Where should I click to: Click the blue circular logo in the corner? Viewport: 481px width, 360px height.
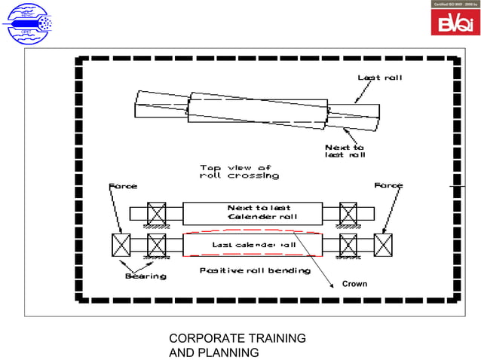pyautogui.click(x=27, y=24)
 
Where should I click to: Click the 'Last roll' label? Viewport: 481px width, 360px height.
pyautogui.click(x=375, y=78)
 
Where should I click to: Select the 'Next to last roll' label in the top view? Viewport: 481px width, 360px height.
pyautogui.click(x=345, y=151)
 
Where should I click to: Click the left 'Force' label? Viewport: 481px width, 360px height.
pyautogui.click(x=124, y=185)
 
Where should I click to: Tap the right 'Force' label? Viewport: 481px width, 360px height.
pyautogui.click(x=388, y=185)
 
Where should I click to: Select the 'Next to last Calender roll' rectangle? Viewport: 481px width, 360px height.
pyautogui.click(x=252, y=212)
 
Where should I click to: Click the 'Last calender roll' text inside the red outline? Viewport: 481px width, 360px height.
pyautogui.click(x=253, y=245)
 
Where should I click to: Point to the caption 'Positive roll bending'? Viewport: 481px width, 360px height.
pyautogui.click(x=254, y=270)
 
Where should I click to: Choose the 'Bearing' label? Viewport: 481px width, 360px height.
pyautogui.click(x=146, y=276)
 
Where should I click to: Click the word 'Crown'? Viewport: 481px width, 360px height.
pyautogui.click(x=354, y=284)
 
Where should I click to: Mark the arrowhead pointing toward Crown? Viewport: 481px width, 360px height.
pyautogui.click(x=332, y=285)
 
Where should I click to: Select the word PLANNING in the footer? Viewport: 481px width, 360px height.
pyautogui.click(x=225, y=352)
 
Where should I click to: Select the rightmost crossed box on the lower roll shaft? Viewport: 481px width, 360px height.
pyautogui.click(x=383, y=245)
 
